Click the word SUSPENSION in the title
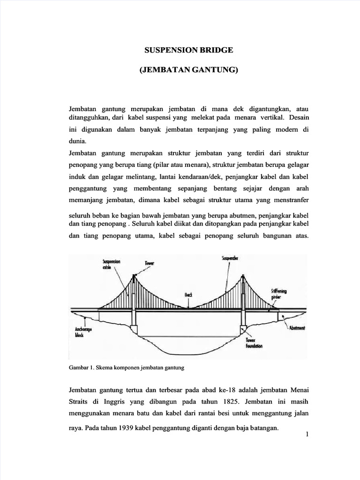pyautogui.click(x=165, y=49)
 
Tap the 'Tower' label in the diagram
pyautogui.click(x=151, y=264)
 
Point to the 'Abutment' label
pyautogui.click(x=297, y=328)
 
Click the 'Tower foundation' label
pyautogui.click(x=253, y=344)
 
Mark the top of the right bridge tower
pyautogui.click(x=243, y=276)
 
